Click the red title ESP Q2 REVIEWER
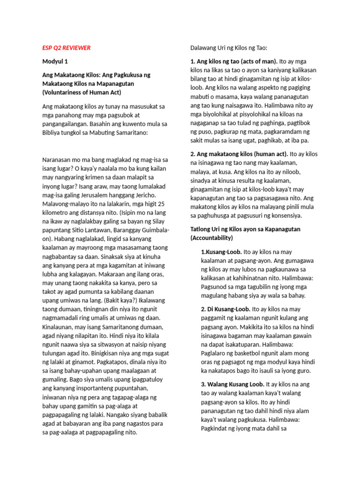tap(66, 48)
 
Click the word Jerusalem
tap(98, 195)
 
